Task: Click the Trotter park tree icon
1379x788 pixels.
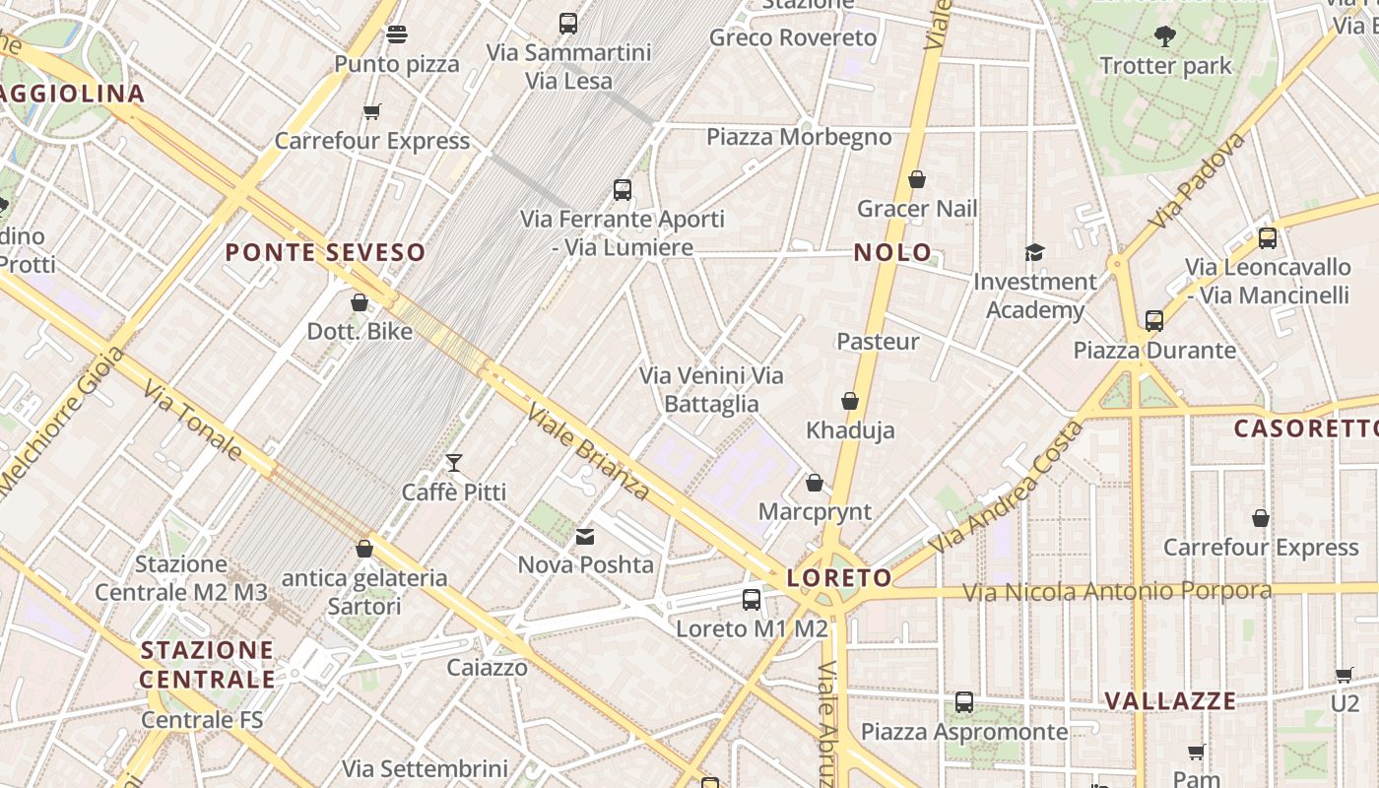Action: click(x=1165, y=37)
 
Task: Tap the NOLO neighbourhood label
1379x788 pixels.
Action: click(x=892, y=252)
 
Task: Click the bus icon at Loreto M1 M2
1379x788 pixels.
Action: click(x=752, y=599)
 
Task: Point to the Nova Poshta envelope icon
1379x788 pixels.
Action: click(x=585, y=537)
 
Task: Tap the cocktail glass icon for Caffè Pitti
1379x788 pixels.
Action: click(x=454, y=462)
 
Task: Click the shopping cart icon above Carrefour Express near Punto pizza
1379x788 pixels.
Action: click(x=371, y=111)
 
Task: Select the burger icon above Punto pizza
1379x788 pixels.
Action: click(x=397, y=34)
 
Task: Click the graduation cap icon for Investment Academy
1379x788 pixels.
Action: click(x=1034, y=253)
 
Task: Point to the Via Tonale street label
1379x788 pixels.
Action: click(x=192, y=421)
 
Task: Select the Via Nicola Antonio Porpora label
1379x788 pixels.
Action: click(x=1117, y=591)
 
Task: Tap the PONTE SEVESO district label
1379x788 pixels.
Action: click(x=325, y=252)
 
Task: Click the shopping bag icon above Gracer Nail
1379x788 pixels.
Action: click(x=917, y=179)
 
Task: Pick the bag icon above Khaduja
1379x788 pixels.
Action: click(x=850, y=401)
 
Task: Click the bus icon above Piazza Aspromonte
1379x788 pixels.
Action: click(x=964, y=702)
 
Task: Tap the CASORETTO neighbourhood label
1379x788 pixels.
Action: click(x=1306, y=428)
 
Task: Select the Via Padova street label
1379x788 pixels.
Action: click(x=1197, y=180)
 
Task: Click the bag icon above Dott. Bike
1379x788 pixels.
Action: click(x=360, y=302)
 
